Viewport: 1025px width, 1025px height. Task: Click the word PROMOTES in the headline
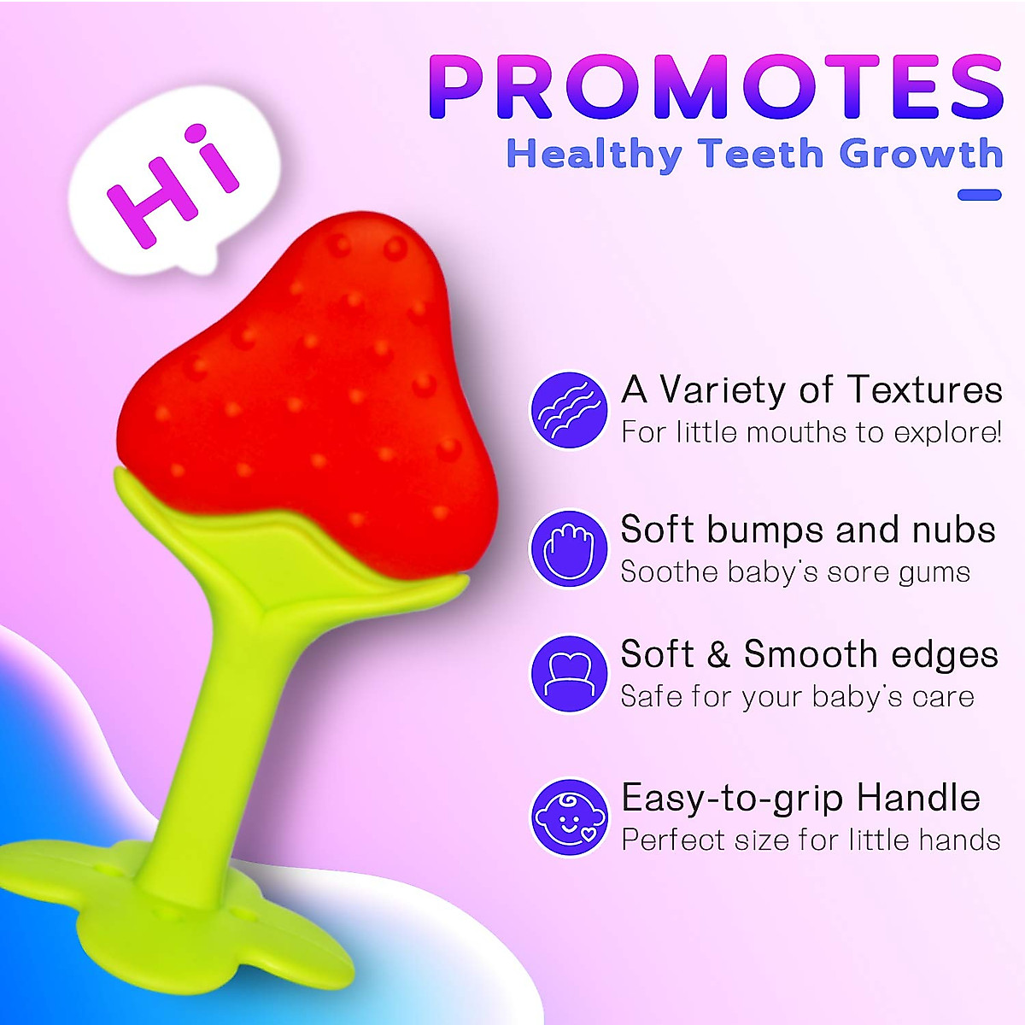[x=716, y=87]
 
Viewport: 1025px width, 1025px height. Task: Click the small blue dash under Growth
[x=979, y=196]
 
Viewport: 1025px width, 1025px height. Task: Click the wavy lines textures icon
[x=569, y=409]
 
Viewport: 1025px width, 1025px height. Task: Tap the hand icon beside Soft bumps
[x=569, y=548]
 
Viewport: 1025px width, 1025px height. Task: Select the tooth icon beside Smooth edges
[x=569, y=674]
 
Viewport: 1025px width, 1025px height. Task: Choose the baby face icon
[x=569, y=817]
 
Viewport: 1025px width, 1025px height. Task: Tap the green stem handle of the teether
[x=209, y=735]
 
